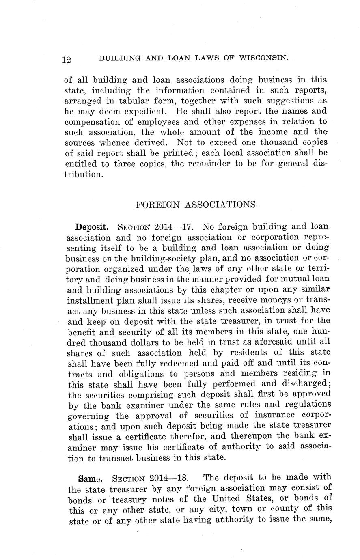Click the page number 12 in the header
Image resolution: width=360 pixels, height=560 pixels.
pyautogui.click(x=67, y=60)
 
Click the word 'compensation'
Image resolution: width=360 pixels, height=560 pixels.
pyautogui.click(x=90, y=122)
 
